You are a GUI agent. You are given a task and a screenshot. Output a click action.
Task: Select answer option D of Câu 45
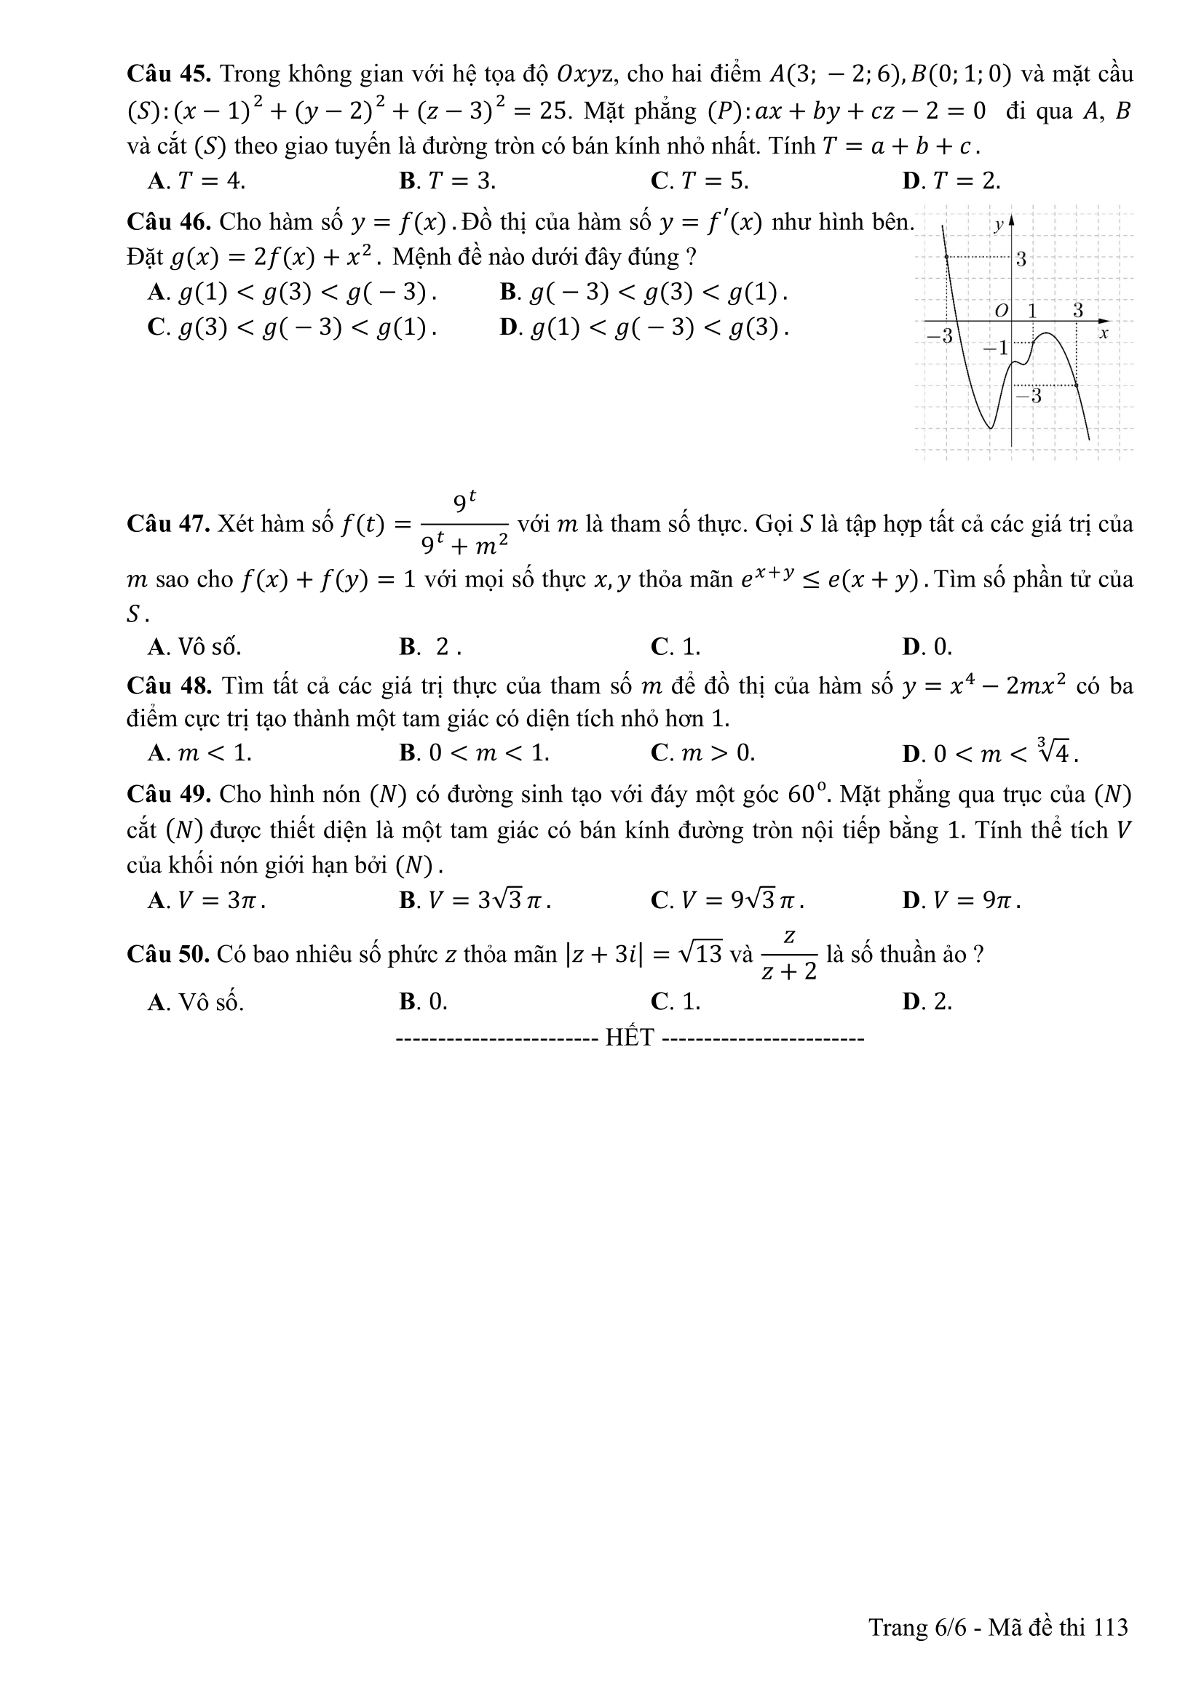click(x=951, y=180)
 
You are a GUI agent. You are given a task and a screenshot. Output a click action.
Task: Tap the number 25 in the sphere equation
click(x=553, y=111)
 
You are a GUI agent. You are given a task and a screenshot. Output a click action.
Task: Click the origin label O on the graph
click(x=1001, y=311)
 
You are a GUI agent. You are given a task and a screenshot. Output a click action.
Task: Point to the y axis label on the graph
click(x=999, y=225)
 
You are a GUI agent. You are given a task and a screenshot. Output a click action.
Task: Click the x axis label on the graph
click(x=1103, y=333)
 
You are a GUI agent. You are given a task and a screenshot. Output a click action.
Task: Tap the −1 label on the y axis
click(x=997, y=348)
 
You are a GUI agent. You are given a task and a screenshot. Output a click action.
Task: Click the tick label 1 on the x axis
click(x=1031, y=310)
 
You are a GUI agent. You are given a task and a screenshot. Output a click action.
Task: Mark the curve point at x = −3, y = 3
click(x=948, y=257)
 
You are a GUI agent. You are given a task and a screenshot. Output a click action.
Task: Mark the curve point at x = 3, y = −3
click(x=1076, y=386)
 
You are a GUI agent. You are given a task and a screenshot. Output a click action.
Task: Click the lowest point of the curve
click(x=991, y=428)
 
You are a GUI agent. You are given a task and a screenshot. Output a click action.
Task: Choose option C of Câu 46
click(x=292, y=327)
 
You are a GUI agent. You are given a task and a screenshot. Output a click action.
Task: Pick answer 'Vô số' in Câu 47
click(x=195, y=647)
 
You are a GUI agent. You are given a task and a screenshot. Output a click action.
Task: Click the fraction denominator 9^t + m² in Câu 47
click(x=464, y=546)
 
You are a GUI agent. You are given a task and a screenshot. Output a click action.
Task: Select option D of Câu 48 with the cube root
click(x=990, y=753)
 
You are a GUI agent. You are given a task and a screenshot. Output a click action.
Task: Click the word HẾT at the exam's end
click(x=630, y=1037)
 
